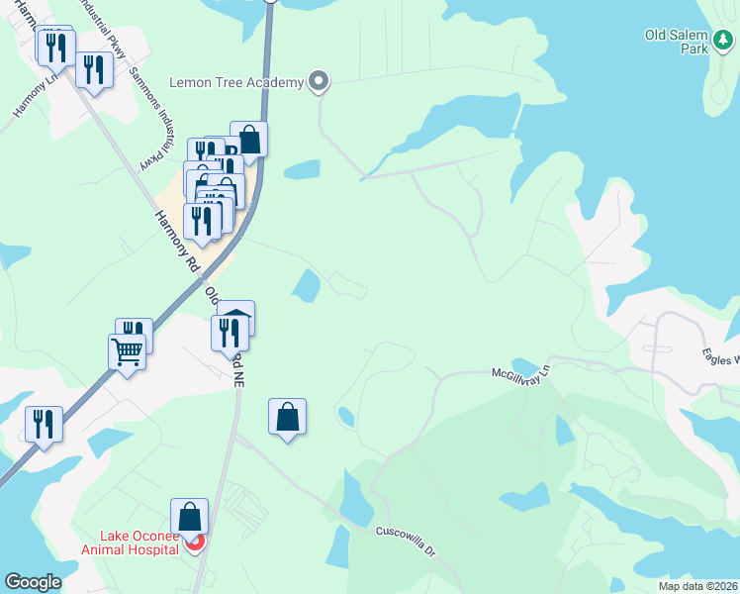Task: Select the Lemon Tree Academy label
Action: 235,82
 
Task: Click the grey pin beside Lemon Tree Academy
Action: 318,82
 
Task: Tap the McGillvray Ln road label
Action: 520,373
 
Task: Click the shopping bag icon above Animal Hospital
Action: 189,516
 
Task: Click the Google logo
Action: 33,582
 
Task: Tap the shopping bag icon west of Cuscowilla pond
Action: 287,417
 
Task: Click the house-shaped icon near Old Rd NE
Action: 236,319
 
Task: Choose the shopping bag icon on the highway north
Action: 249,140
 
